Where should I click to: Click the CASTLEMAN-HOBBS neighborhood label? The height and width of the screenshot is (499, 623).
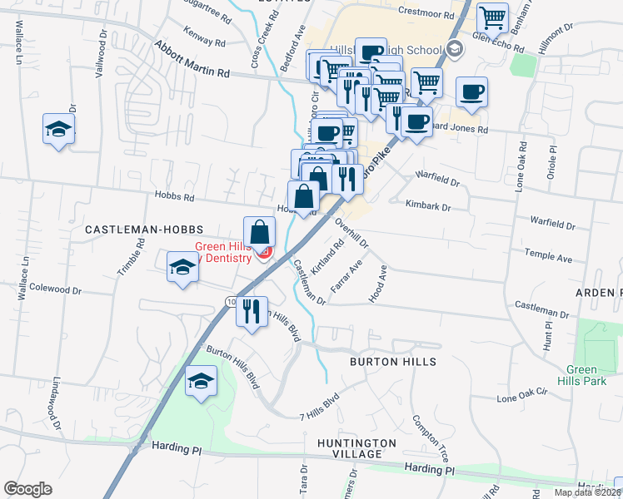click(x=125, y=227)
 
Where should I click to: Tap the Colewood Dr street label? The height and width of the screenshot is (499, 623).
click(x=56, y=290)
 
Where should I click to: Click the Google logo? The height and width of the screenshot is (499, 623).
click(x=27, y=489)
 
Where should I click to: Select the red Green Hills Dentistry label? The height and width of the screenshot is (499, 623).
click(x=223, y=252)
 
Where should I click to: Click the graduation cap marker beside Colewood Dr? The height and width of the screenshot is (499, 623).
click(x=182, y=267)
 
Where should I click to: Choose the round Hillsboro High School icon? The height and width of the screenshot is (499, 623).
click(x=455, y=50)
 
